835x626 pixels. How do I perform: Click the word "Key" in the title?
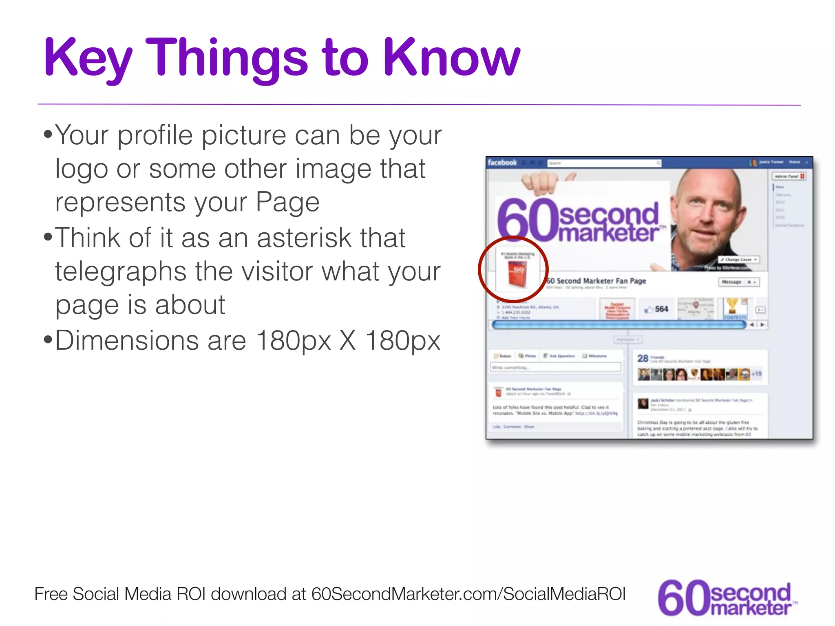[x=87, y=58]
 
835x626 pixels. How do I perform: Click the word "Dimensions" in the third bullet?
[x=150, y=340]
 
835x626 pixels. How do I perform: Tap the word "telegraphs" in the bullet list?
[x=139, y=271]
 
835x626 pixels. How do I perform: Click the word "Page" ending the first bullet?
[x=287, y=202]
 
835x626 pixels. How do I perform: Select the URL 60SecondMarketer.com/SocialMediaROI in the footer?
[x=468, y=594]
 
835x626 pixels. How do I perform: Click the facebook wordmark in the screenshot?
[x=502, y=163]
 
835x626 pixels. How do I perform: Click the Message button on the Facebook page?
[x=731, y=282]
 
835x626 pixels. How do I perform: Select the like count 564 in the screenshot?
[x=661, y=309]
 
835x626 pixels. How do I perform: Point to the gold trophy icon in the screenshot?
[x=732, y=306]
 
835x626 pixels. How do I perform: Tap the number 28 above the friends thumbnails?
[x=643, y=358]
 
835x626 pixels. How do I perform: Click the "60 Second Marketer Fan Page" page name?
[x=596, y=281]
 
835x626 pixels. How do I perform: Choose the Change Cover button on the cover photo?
[x=738, y=260]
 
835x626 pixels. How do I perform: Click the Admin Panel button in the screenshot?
[x=789, y=176]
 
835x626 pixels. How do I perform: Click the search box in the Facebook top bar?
[x=604, y=163]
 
